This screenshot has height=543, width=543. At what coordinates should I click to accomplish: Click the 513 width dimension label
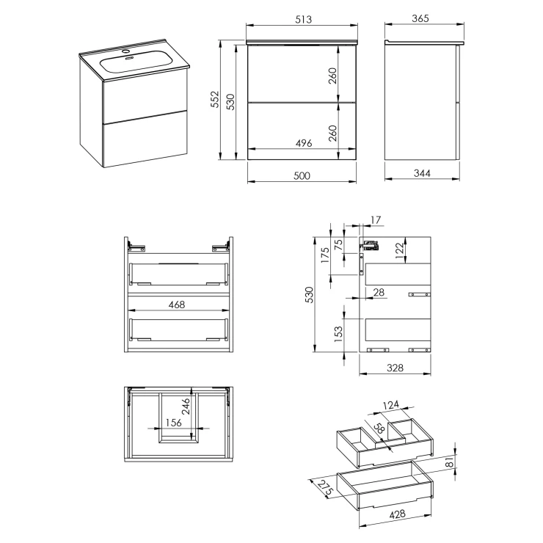tap(303, 19)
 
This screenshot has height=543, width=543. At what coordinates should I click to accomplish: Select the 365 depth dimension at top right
tap(420, 18)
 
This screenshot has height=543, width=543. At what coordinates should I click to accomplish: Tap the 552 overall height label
tap(215, 99)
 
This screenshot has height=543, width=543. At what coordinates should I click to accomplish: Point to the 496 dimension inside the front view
tap(303, 143)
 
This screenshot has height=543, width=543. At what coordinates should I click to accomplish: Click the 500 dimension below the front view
tap(302, 175)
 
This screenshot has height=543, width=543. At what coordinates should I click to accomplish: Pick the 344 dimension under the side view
tap(422, 172)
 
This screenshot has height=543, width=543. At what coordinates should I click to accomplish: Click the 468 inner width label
tap(177, 305)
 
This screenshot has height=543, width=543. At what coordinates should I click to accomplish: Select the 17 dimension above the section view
tap(376, 220)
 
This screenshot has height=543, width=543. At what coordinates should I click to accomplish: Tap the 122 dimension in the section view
tap(399, 250)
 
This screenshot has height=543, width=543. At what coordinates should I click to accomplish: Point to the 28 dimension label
tap(379, 292)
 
